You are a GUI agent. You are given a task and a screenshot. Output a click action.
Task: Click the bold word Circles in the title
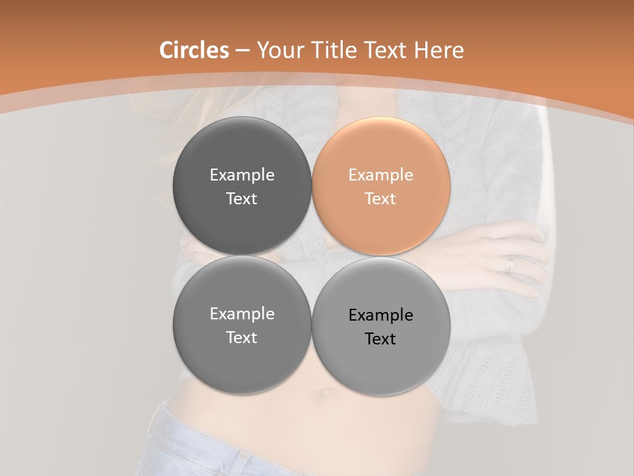(194, 50)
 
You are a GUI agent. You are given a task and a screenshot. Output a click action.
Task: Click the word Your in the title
(280, 50)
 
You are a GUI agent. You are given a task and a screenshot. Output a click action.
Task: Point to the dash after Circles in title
(242, 51)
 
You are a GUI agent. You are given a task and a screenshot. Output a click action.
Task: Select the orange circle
(381, 186)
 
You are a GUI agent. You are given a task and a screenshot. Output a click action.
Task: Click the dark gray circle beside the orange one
(242, 186)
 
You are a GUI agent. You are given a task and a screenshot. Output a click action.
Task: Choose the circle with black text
(381, 326)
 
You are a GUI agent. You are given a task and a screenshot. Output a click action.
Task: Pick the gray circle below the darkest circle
(242, 325)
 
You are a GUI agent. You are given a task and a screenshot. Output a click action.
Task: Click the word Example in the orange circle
(381, 175)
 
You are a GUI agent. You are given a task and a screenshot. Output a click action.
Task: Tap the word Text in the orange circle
(380, 199)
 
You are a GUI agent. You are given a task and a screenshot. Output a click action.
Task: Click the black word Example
(381, 315)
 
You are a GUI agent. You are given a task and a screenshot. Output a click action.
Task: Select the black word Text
(380, 339)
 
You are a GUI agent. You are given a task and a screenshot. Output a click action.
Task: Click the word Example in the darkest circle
(242, 175)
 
